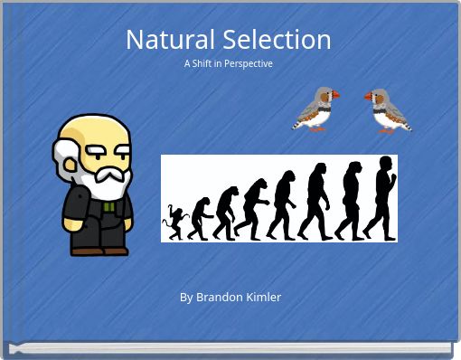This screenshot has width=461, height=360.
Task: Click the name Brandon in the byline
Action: (218, 297)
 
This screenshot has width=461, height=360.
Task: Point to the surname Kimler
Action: (263, 297)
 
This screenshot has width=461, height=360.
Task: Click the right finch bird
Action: (388, 110)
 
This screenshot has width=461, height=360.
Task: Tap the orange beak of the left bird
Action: (336, 95)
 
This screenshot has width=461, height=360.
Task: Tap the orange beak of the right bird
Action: (369, 96)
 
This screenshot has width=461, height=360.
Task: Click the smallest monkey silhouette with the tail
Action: (172, 223)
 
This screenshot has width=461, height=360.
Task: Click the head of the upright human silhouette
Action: (386, 164)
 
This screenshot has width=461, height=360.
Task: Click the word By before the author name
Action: (186, 297)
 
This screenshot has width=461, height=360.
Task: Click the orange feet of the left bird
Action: (317, 128)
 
